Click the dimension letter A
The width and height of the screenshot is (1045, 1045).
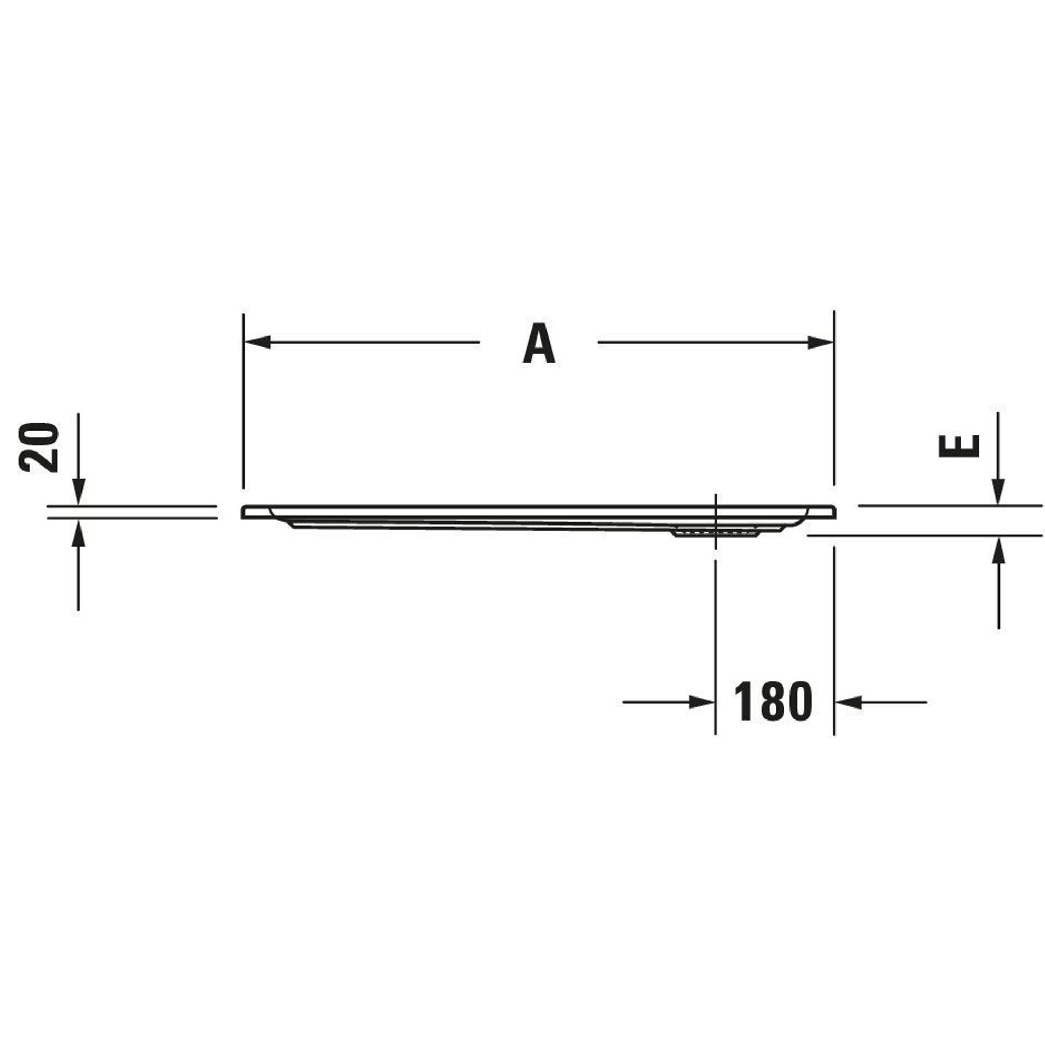[x=539, y=343]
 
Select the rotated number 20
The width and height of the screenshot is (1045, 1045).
[x=38, y=448]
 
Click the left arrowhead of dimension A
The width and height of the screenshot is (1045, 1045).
[x=257, y=342]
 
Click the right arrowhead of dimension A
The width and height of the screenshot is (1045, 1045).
[x=820, y=342]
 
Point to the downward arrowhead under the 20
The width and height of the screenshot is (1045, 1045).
[x=78, y=492]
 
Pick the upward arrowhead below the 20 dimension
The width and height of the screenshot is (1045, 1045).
[x=78, y=532]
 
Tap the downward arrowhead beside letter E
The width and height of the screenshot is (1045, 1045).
[x=998, y=492]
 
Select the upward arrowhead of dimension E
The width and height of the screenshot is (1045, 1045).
[x=998, y=549]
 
